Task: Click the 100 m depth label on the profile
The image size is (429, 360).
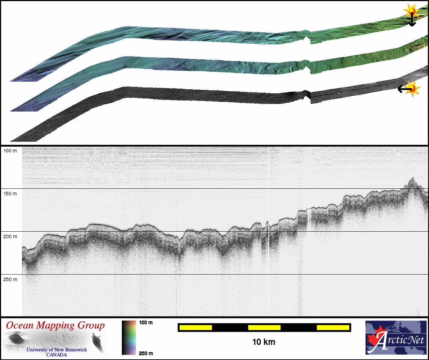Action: pyautogui.click(x=10, y=151)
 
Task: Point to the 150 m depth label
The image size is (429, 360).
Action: pyautogui.click(x=10, y=194)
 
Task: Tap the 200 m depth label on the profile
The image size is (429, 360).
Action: pyautogui.click(x=10, y=236)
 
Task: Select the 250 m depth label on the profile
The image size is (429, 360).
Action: pyautogui.click(x=10, y=279)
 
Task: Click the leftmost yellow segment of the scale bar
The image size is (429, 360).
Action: pyautogui.click(x=196, y=327)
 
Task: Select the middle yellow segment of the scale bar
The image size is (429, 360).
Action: pyautogui.click(x=264, y=327)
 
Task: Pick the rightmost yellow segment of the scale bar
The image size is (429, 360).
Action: pyautogui.click(x=333, y=327)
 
